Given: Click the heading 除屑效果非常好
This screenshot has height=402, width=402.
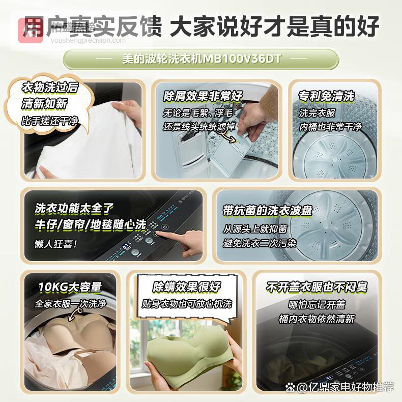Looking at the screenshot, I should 203,96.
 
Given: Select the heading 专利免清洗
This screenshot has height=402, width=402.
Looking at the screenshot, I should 326,96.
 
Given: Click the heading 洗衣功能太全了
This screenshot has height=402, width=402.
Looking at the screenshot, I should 74,209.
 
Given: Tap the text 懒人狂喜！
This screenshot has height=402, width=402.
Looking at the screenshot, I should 56,244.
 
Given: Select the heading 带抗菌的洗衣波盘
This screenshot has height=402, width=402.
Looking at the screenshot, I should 268,210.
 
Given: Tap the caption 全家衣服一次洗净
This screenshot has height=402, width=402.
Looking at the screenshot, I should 70,304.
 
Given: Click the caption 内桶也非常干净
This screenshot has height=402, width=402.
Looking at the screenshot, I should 330,126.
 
